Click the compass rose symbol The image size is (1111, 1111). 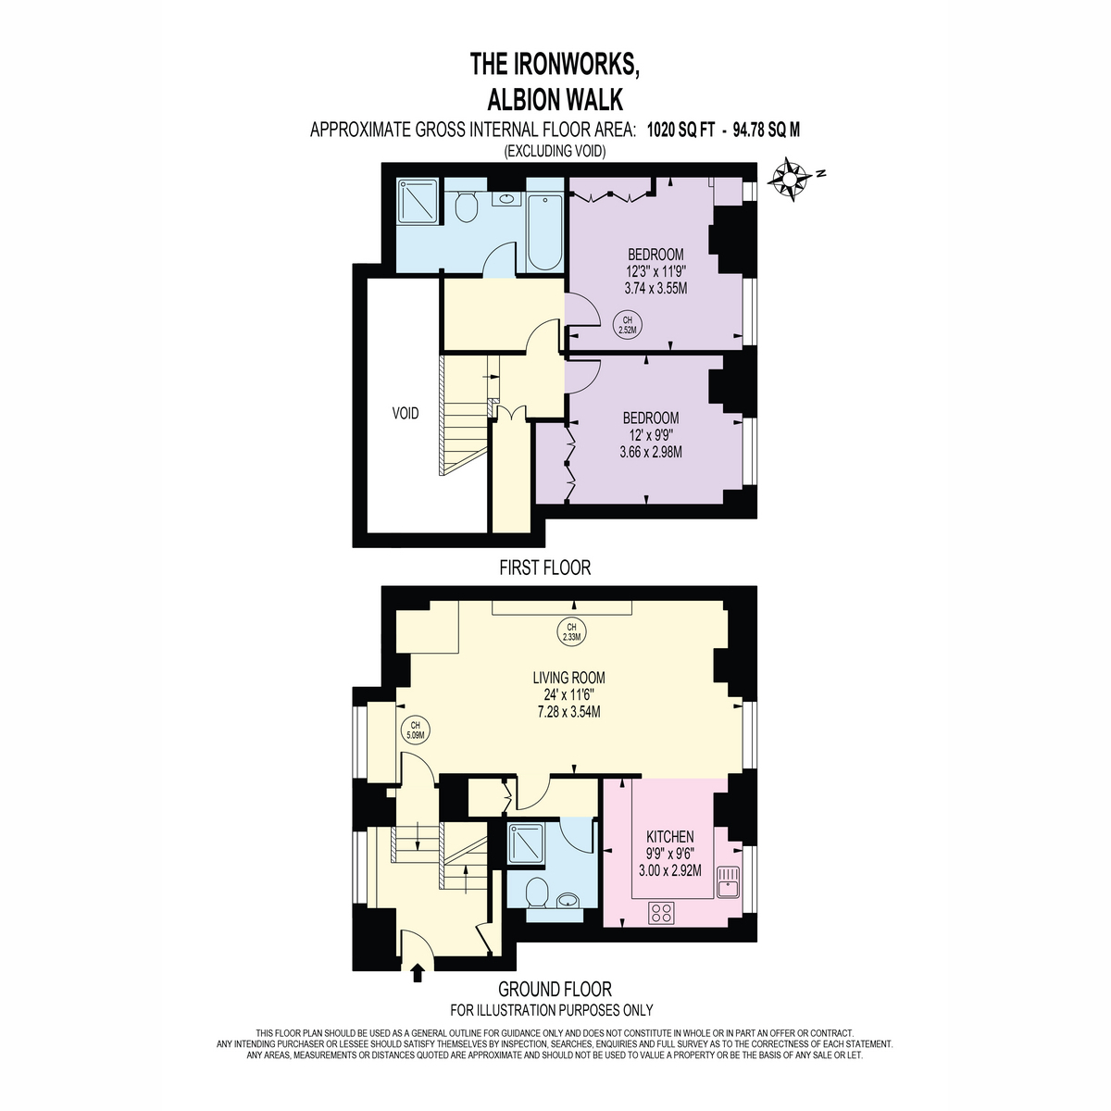click(789, 181)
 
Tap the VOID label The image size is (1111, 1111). click(406, 413)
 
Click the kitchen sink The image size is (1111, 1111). click(730, 882)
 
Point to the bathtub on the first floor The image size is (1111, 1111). click(544, 232)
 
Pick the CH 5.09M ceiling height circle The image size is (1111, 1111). click(416, 730)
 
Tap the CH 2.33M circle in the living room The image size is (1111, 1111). click(571, 631)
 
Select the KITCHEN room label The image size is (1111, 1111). click(670, 836)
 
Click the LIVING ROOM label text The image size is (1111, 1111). click(569, 678)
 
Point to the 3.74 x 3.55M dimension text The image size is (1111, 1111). click(656, 288)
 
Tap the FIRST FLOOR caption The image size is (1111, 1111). click(544, 568)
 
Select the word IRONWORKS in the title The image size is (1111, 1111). click(575, 64)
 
